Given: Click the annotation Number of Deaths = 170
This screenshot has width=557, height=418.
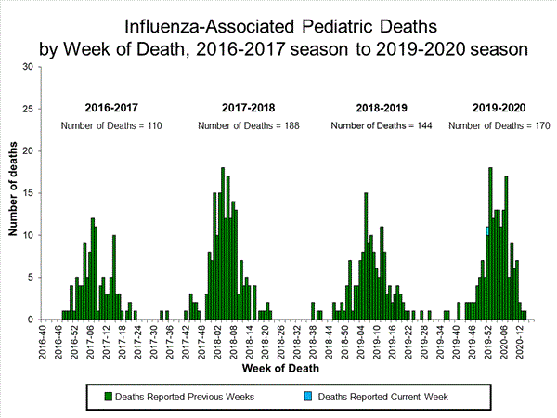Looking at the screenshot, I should click(x=498, y=125).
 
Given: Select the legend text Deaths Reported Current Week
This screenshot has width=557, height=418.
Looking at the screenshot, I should click(x=383, y=397).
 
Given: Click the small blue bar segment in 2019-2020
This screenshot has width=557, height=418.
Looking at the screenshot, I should click(x=487, y=230).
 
